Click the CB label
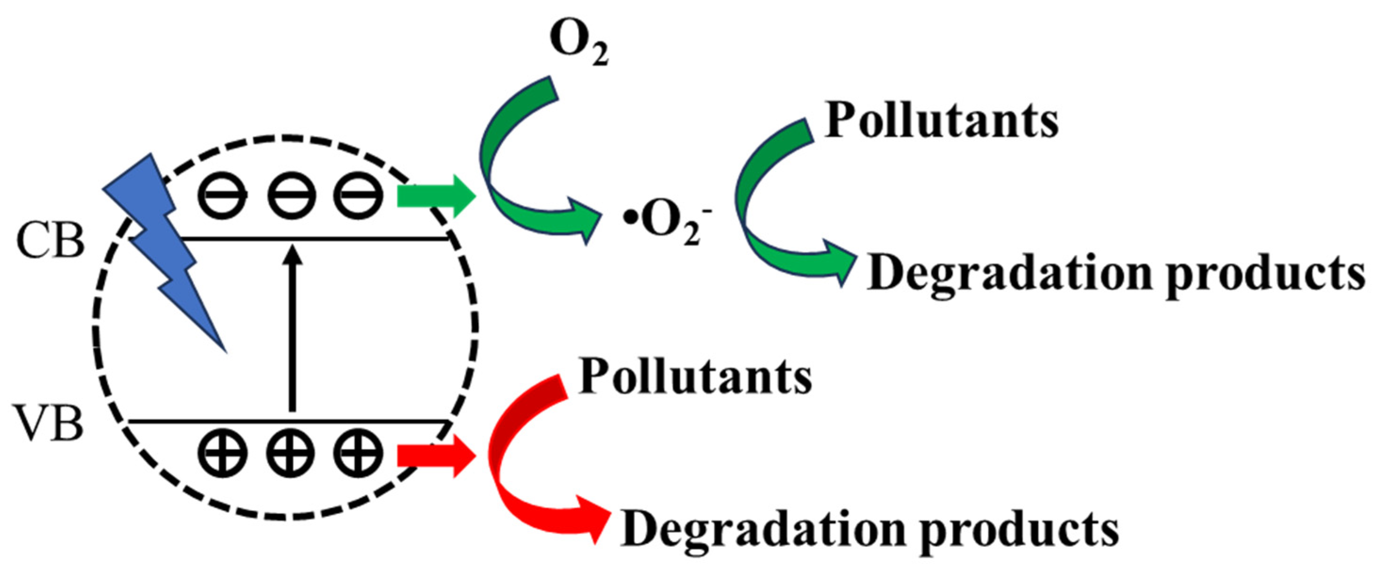point(50,240)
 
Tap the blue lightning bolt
point(162,242)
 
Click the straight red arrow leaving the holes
point(436,456)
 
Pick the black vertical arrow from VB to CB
point(292,328)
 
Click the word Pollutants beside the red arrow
point(695,377)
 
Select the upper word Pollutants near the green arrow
point(942,121)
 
